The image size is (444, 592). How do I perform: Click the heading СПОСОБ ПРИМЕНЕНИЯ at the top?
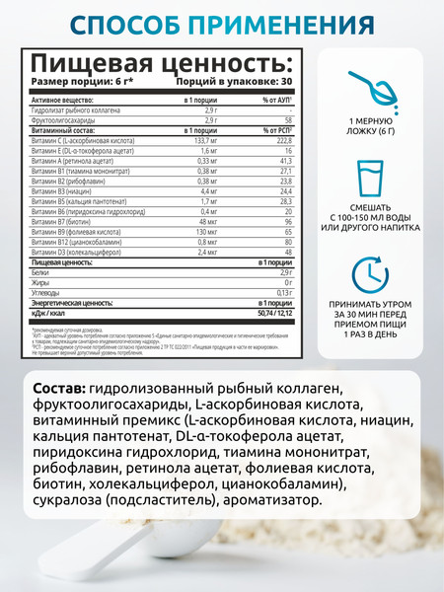coord(222,23)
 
